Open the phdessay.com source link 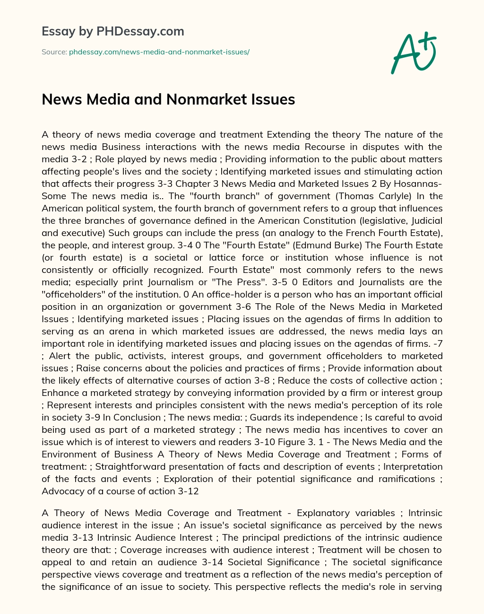point(159,52)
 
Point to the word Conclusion point(138,417)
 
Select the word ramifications point(405,479)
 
